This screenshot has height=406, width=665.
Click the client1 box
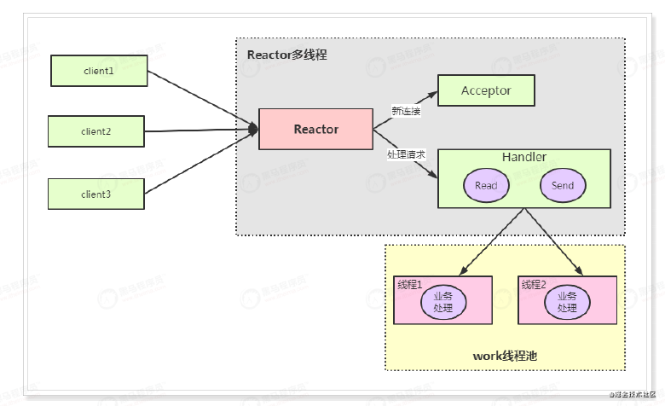click(98, 71)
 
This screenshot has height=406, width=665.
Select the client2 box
click(96, 131)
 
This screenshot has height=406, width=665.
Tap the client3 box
click(96, 194)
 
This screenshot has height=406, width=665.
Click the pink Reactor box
click(315, 130)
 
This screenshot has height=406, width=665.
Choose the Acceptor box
click(486, 90)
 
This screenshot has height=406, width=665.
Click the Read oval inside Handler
click(486, 185)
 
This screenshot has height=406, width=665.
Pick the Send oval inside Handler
click(563, 185)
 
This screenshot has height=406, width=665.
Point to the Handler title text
click(524, 158)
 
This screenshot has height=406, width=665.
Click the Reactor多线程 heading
click(287, 55)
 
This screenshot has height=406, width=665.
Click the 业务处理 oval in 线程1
click(443, 300)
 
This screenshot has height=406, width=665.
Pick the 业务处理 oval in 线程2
click(568, 300)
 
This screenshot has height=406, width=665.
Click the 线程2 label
click(535, 284)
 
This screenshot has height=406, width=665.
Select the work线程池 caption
click(506, 355)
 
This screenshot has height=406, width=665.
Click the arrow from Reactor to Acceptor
click(405, 99)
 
